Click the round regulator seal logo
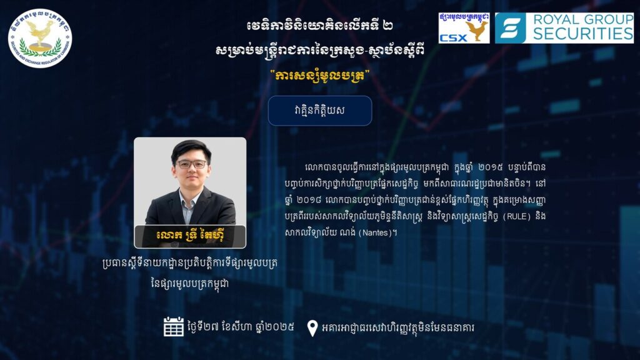[40, 38]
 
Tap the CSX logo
[464, 27]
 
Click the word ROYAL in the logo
[556, 19]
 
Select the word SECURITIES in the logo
[583, 34]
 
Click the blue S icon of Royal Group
[510, 27]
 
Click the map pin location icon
[312, 327]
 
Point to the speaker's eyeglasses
[191, 164]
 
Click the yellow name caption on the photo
[190, 236]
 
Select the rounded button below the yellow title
[320, 111]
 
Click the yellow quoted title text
[320, 76]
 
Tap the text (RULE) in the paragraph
[516, 216]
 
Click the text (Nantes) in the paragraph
[375, 232]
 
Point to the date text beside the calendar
[241, 327]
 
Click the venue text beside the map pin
[398, 328]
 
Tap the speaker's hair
[191, 149]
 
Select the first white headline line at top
[320, 26]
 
